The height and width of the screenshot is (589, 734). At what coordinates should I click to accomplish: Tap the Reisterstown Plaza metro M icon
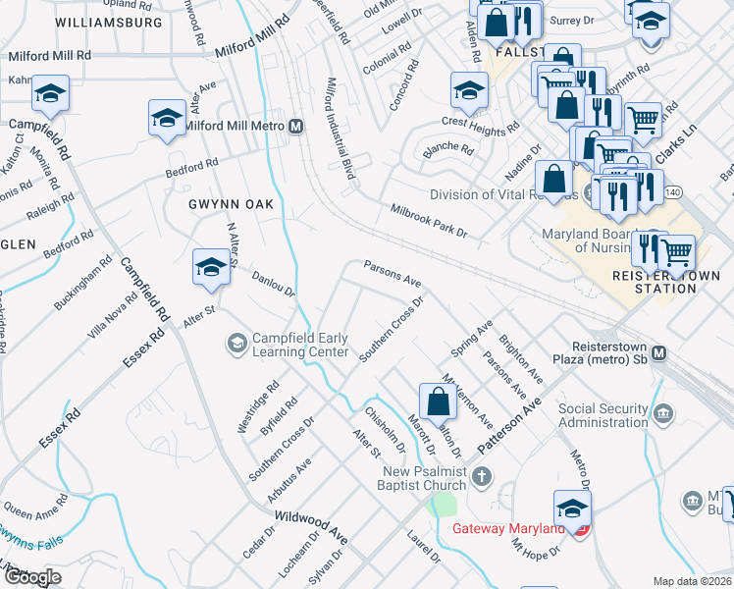point(658,352)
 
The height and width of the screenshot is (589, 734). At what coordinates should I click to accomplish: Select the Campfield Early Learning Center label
point(300,345)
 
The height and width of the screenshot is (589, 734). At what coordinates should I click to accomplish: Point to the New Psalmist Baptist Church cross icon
point(481,477)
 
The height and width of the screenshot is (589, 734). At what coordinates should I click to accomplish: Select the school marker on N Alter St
point(211,267)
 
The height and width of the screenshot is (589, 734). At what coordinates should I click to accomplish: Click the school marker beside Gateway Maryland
point(572,509)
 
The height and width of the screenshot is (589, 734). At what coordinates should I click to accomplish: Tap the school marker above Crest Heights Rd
point(469,91)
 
